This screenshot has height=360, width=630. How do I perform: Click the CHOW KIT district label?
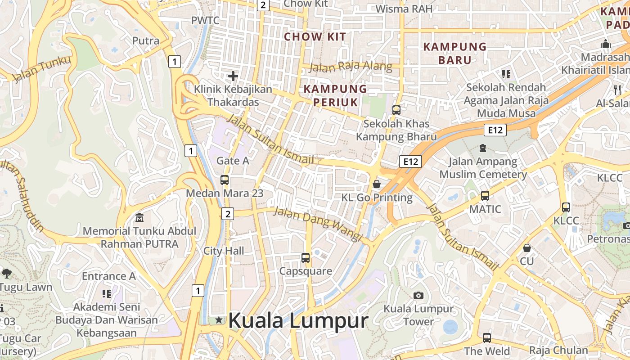315,37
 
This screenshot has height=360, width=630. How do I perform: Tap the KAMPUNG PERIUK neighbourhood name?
335,95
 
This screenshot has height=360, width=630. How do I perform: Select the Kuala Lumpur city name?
298,321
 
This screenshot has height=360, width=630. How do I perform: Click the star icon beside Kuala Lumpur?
219,320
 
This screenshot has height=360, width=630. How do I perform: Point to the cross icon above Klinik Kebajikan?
233,76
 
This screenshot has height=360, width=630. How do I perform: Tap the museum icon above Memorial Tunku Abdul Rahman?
139,218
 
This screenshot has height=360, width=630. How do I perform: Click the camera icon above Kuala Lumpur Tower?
418,295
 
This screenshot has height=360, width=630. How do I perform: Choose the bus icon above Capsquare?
306,258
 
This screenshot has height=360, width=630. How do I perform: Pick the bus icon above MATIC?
485,196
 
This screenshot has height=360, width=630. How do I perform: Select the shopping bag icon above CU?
526,248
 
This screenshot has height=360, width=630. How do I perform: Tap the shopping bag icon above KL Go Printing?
377,184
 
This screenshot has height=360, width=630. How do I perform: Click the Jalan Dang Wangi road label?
318,224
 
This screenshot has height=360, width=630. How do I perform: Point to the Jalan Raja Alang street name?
351,67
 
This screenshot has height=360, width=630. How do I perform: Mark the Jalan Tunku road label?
41,69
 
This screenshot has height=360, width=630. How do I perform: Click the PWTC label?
205,20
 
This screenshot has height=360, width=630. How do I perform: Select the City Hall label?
224,251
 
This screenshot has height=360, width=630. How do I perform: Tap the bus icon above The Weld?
486,337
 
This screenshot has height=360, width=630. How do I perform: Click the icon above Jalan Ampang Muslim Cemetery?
483,148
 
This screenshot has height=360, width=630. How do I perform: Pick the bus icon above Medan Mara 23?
225,180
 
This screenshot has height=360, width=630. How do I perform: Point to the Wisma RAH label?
404,9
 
